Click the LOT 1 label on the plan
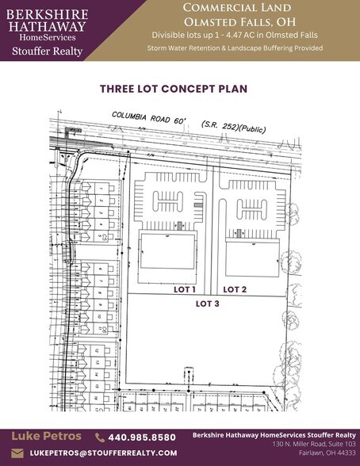point(185,290)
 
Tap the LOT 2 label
point(235,290)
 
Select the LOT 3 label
point(209,303)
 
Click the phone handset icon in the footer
point(100,437)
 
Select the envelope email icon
point(17,453)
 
